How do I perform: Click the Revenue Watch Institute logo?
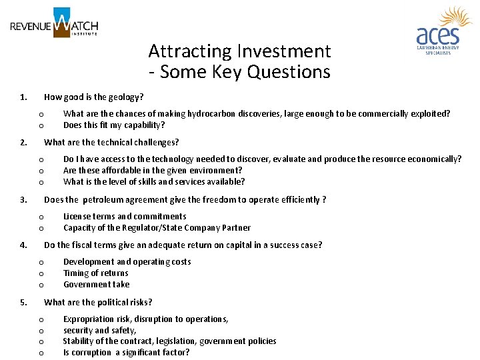54,23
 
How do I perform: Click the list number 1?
23,97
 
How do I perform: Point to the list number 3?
23,199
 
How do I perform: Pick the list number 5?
23,302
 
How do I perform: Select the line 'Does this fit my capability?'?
114,125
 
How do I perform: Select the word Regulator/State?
161,227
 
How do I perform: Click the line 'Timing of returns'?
96,273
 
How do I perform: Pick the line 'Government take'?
97,284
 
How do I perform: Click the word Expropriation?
91,319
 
